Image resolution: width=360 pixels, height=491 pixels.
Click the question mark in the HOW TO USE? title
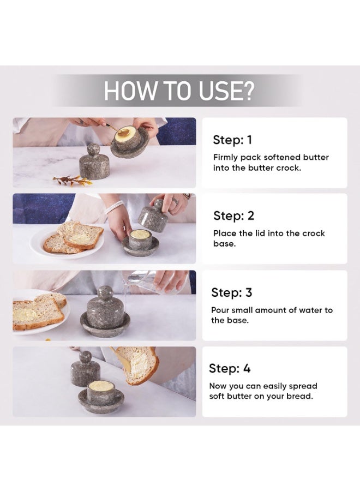coord(247,91)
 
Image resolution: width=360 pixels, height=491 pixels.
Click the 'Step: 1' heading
coord(232,140)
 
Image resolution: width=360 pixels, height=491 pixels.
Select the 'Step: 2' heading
coord(233,215)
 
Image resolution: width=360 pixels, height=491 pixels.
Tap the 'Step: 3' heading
coord(232,292)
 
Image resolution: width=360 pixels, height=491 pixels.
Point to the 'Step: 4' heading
coord(230,369)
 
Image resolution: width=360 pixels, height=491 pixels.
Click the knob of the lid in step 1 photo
coord(93,149)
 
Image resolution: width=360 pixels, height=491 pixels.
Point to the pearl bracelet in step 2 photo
coord(113,206)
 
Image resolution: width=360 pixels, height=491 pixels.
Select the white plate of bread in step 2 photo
coord(67,241)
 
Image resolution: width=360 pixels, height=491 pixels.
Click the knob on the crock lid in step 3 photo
coord(105,292)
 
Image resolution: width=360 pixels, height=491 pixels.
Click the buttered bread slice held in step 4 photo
coord(138,365)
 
